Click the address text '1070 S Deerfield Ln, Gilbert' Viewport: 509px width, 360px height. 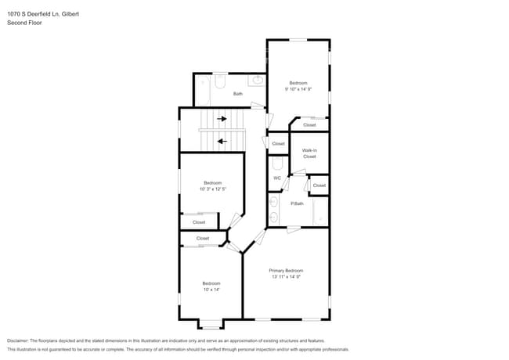[42, 14]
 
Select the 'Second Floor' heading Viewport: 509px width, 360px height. [24, 23]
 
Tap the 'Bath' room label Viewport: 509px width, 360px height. [238, 95]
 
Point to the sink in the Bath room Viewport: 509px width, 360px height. [257, 80]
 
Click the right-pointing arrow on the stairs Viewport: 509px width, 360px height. [222, 119]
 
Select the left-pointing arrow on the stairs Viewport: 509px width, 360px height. [222, 142]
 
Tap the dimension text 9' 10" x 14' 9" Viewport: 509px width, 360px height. [298, 89]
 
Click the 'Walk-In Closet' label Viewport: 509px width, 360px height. [309, 153]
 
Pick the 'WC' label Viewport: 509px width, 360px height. [276, 178]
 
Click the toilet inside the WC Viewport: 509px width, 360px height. [276, 164]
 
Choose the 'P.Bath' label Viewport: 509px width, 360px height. [297, 203]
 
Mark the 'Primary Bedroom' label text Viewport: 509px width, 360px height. [286, 270]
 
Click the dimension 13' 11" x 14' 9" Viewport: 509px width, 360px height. [286, 276]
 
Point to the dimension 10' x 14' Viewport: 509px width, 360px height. [211, 290]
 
